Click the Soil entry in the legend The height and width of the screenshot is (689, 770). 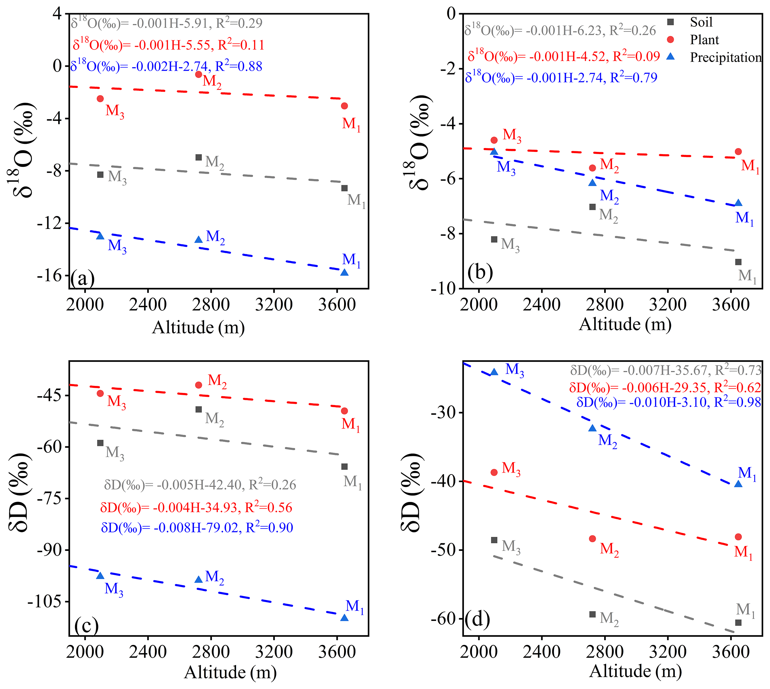pyautogui.click(x=700, y=22)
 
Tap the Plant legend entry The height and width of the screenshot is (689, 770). pyautogui.click(x=704, y=40)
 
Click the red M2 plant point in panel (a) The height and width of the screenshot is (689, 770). pyautogui.click(x=198, y=74)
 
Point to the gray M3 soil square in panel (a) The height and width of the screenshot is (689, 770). pyautogui.click(x=100, y=175)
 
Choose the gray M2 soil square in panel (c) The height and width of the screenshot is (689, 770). pyautogui.click(x=198, y=409)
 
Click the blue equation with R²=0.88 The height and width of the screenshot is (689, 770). pyautogui.click(x=166, y=67)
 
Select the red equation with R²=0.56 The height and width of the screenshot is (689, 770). pyautogui.click(x=196, y=508)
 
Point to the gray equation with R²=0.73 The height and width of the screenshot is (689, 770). pyautogui.click(x=666, y=370)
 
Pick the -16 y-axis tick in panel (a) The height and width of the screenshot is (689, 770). pyautogui.click(x=49, y=276)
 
